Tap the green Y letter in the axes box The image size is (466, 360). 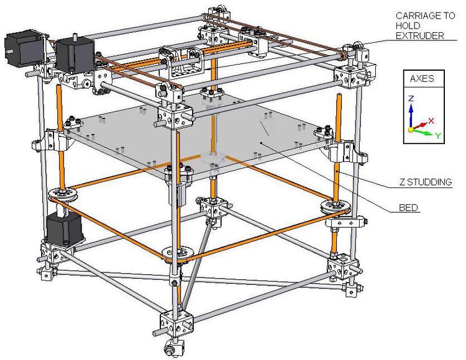click(x=438, y=135)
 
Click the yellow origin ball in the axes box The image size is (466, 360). click(x=411, y=130)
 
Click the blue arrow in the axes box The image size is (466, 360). click(x=410, y=115)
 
